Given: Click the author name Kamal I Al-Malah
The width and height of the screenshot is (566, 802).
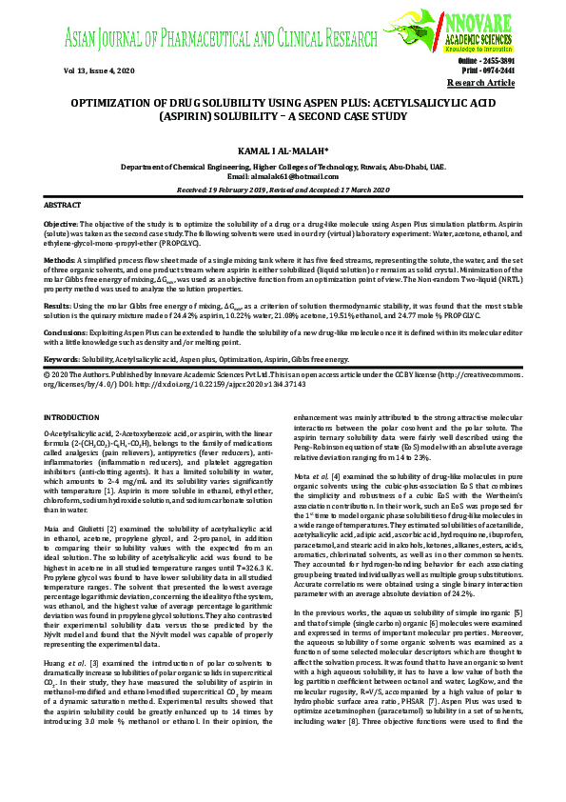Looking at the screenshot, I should click(x=283, y=150).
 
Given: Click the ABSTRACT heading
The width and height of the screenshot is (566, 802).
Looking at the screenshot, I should click(x=63, y=206).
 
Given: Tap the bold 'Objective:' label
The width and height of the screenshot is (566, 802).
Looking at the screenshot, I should click(x=63, y=222).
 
